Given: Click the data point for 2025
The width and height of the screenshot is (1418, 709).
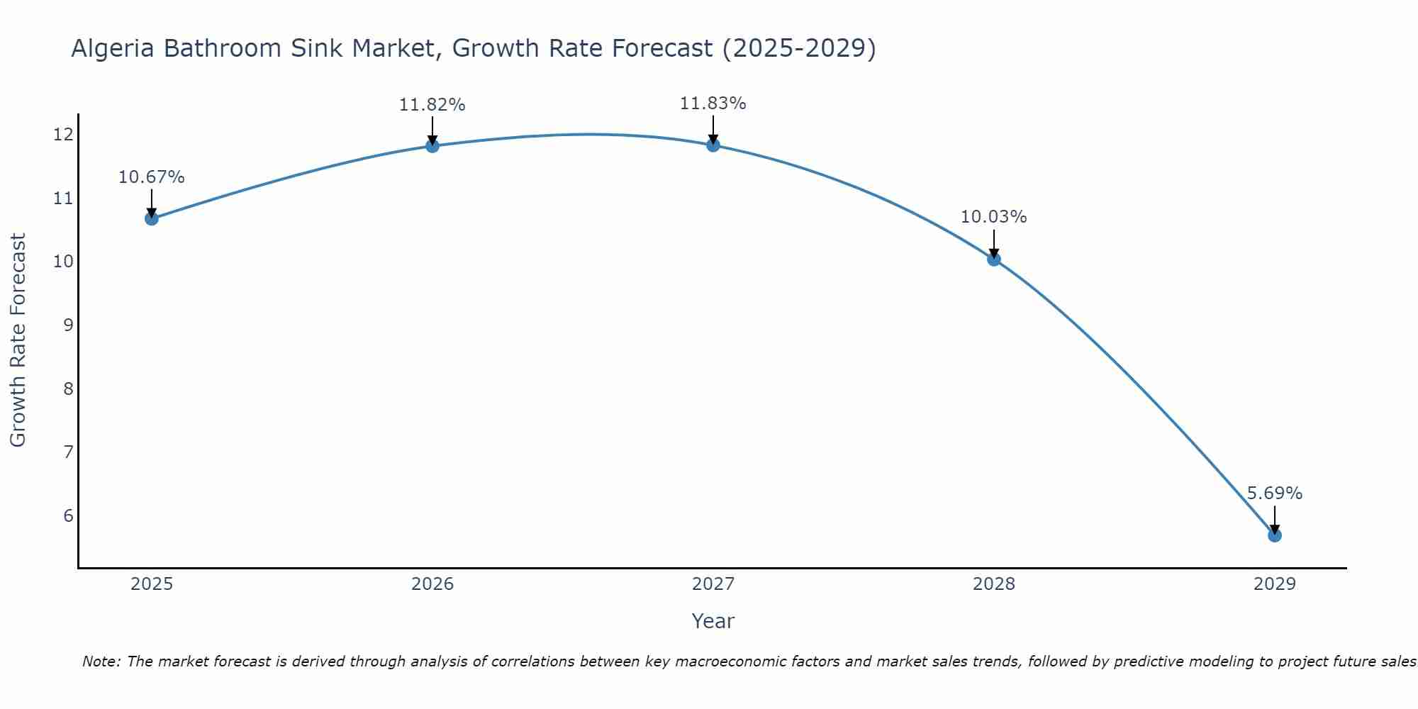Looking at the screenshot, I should [151, 218].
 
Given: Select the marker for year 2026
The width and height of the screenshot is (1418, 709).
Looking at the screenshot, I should [432, 145].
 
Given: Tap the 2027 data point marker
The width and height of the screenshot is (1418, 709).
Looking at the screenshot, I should [713, 145].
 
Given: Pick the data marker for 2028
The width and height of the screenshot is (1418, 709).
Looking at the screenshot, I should [993, 259].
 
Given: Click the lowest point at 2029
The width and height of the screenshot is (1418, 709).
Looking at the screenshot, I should [1274, 535].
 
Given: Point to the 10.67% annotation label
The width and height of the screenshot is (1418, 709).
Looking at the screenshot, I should [151, 177].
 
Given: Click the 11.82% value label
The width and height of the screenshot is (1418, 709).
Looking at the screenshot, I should [432, 105].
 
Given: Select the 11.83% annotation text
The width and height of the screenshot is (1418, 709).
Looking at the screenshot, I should [713, 104].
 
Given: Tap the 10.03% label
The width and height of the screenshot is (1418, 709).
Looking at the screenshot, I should [993, 217].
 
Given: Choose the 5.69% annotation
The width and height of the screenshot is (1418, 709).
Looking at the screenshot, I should [1274, 493].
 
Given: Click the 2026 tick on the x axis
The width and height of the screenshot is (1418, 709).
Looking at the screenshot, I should [432, 584].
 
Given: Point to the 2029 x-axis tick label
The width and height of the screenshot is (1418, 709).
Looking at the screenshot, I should [1274, 584].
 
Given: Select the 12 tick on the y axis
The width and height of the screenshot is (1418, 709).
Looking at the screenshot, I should [63, 134].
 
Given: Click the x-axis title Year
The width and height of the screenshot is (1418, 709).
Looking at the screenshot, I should [713, 621].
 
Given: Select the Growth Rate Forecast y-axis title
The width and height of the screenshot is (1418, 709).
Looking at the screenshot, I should [18, 340].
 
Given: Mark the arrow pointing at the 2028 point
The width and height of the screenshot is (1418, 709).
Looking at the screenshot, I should [993, 244].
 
